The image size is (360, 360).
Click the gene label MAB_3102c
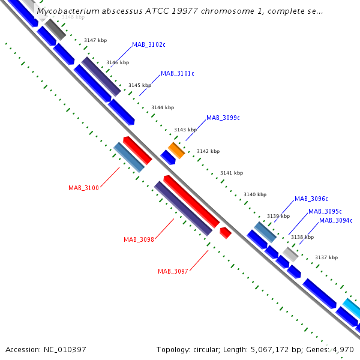click(x=149, y=44)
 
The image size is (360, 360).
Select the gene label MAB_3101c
click(x=178, y=74)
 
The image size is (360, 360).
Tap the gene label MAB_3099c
click(x=223, y=118)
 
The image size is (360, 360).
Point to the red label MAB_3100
click(x=83, y=188)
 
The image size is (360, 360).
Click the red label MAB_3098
click(x=139, y=240)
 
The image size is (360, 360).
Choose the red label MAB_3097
click(x=173, y=271)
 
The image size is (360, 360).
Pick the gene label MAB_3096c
click(x=311, y=199)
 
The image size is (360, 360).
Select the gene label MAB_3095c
click(x=325, y=212)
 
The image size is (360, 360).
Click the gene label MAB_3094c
click(x=336, y=221)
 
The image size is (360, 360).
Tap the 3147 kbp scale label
click(x=95, y=40)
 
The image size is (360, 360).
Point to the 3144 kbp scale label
click(x=162, y=108)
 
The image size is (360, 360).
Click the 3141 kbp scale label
click(x=231, y=173)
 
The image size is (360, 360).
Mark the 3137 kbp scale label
click(x=326, y=258)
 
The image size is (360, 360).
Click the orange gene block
click(x=176, y=149)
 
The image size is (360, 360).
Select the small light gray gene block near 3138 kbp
click(x=291, y=254)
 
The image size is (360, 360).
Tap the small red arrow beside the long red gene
click(x=226, y=232)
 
